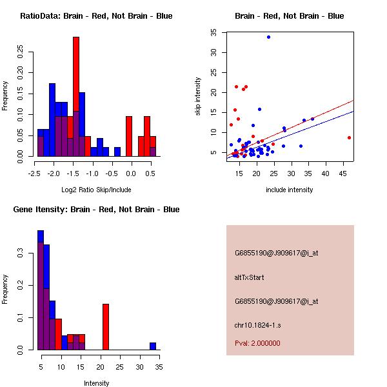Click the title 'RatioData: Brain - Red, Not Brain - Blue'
[x=95, y=16]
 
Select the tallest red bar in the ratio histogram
[x=76, y=97]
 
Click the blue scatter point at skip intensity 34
[x=268, y=37]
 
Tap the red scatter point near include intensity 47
[x=349, y=137]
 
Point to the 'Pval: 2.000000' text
[x=257, y=343]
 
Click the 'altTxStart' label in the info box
[x=250, y=277]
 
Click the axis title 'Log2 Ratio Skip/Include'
[x=96, y=189]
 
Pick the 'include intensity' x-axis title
[x=290, y=190]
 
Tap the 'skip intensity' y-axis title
[x=198, y=97]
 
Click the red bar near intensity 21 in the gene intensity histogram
[x=106, y=327]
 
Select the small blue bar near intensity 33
[x=153, y=346]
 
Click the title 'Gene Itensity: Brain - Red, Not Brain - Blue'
[x=95, y=210]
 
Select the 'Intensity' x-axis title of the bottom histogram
[x=97, y=383]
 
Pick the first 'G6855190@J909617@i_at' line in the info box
[x=276, y=253]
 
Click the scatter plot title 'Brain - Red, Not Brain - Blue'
[x=289, y=16]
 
